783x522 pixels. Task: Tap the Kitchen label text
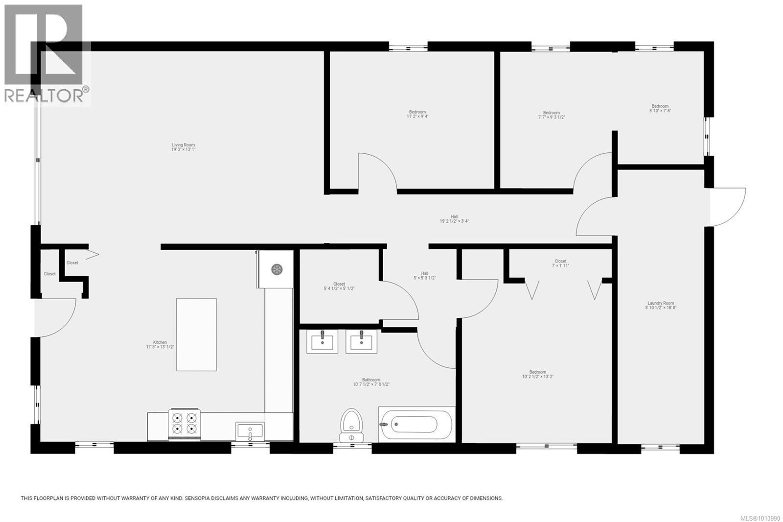coord(160,342)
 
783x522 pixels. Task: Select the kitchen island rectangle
coord(196,334)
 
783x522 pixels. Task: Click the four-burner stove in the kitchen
coord(184,424)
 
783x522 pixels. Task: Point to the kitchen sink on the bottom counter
coord(250,431)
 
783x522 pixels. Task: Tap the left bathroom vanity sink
coord(322,341)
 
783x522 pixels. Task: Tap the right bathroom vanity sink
coord(361,341)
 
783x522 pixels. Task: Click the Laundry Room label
coord(661,304)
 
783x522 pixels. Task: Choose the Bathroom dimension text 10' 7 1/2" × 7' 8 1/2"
coord(371,385)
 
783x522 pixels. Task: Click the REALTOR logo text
coord(44,95)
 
